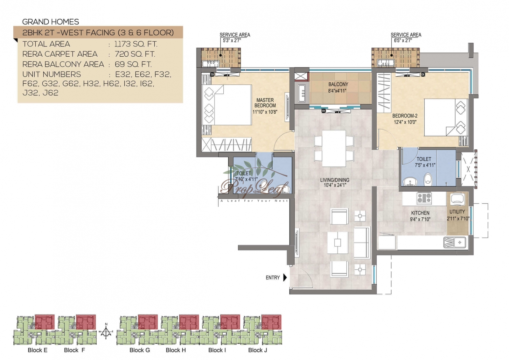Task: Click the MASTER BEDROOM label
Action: coord(265,103)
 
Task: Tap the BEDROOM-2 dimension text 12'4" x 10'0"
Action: coord(405,122)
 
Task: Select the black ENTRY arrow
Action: coord(285,278)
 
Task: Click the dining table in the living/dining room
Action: coord(334,148)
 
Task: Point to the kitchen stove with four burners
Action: coord(424,198)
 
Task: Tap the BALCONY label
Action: coord(338,84)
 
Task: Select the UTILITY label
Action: coord(457,212)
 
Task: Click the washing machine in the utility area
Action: coord(457,199)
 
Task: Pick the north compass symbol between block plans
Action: coord(106,332)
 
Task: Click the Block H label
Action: coord(176,350)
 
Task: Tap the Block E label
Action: coord(38,350)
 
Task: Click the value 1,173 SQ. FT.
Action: coord(136,44)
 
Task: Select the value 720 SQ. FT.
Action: coord(135,54)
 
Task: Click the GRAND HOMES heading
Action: coord(51,22)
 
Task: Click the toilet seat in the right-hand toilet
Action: coord(428,179)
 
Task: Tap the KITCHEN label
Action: coord(420,213)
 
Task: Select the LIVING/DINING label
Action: coord(335,180)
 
